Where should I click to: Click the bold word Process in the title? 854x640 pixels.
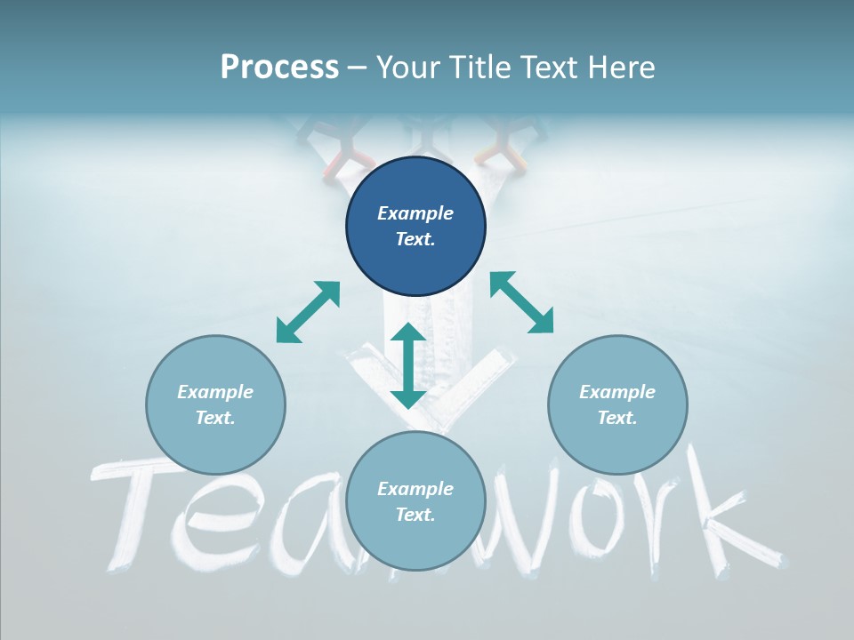point(279,68)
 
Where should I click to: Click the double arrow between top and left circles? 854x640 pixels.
point(308,312)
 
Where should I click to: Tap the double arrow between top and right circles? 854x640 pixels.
point(521,302)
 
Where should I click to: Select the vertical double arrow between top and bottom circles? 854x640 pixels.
point(408,365)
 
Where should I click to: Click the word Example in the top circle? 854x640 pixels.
point(415,213)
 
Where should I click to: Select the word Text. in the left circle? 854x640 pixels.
point(215,418)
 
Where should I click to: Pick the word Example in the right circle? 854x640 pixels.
point(617,392)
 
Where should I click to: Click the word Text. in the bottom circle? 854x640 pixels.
point(415,515)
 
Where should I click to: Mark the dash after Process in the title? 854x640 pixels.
point(358,68)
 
